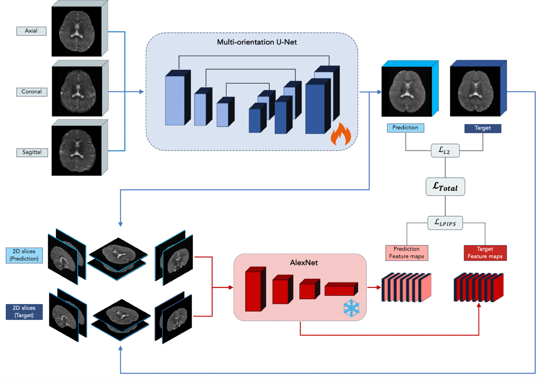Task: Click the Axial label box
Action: (31, 31)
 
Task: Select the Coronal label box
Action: (32, 92)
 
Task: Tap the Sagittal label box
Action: (32, 152)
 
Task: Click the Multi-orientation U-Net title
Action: (257, 42)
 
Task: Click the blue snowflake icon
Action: (351, 308)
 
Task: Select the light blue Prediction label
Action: (405, 128)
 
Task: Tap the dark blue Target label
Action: (483, 128)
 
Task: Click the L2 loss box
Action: (445, 150)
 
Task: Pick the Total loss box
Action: (445, 187)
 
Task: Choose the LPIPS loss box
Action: (445, 223)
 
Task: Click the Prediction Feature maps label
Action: (407, 253)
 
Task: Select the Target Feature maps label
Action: (485, 253)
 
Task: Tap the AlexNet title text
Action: (304, 263)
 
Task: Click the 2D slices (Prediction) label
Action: (24, 255)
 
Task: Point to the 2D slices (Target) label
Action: (24, 312)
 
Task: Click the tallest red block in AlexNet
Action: (253, 291)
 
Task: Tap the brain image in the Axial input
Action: (77, 31)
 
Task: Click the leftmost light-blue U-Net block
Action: (175, 101)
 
